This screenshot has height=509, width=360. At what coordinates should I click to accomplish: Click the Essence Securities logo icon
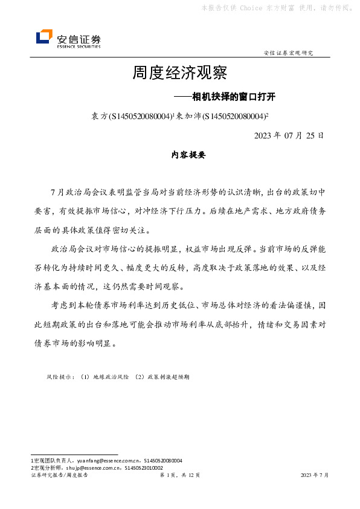(44, 37)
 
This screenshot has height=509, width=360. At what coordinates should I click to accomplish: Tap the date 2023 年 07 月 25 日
(289, 134)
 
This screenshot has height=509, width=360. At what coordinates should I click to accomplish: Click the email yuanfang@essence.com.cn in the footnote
(109, 460)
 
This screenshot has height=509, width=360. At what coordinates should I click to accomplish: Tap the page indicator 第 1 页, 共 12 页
(179, 476)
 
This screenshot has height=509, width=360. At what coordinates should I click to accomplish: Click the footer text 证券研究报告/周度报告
(59, 476)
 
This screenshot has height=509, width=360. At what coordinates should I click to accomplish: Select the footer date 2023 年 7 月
(315, 476)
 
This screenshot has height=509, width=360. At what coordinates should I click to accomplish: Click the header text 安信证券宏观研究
(289, 53)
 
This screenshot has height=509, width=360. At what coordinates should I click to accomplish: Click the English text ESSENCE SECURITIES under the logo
(79, 46)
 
